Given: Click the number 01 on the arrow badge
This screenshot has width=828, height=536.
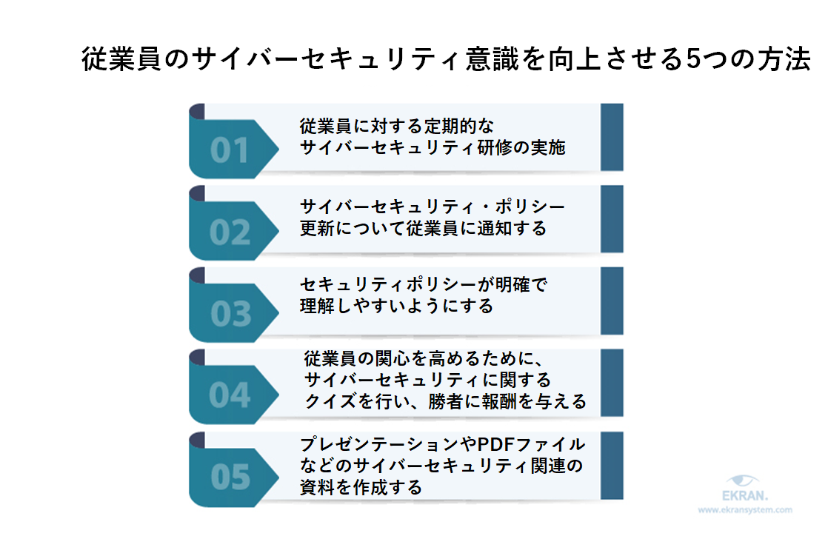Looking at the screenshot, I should click(230, 151).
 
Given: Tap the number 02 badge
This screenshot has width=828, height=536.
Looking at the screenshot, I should click(230, 232).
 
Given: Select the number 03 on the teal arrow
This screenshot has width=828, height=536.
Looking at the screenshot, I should click(230, 315).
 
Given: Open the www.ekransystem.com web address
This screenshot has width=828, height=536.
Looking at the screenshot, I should click(745, 510).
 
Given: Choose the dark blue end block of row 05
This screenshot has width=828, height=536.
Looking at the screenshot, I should click(611, 466).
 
